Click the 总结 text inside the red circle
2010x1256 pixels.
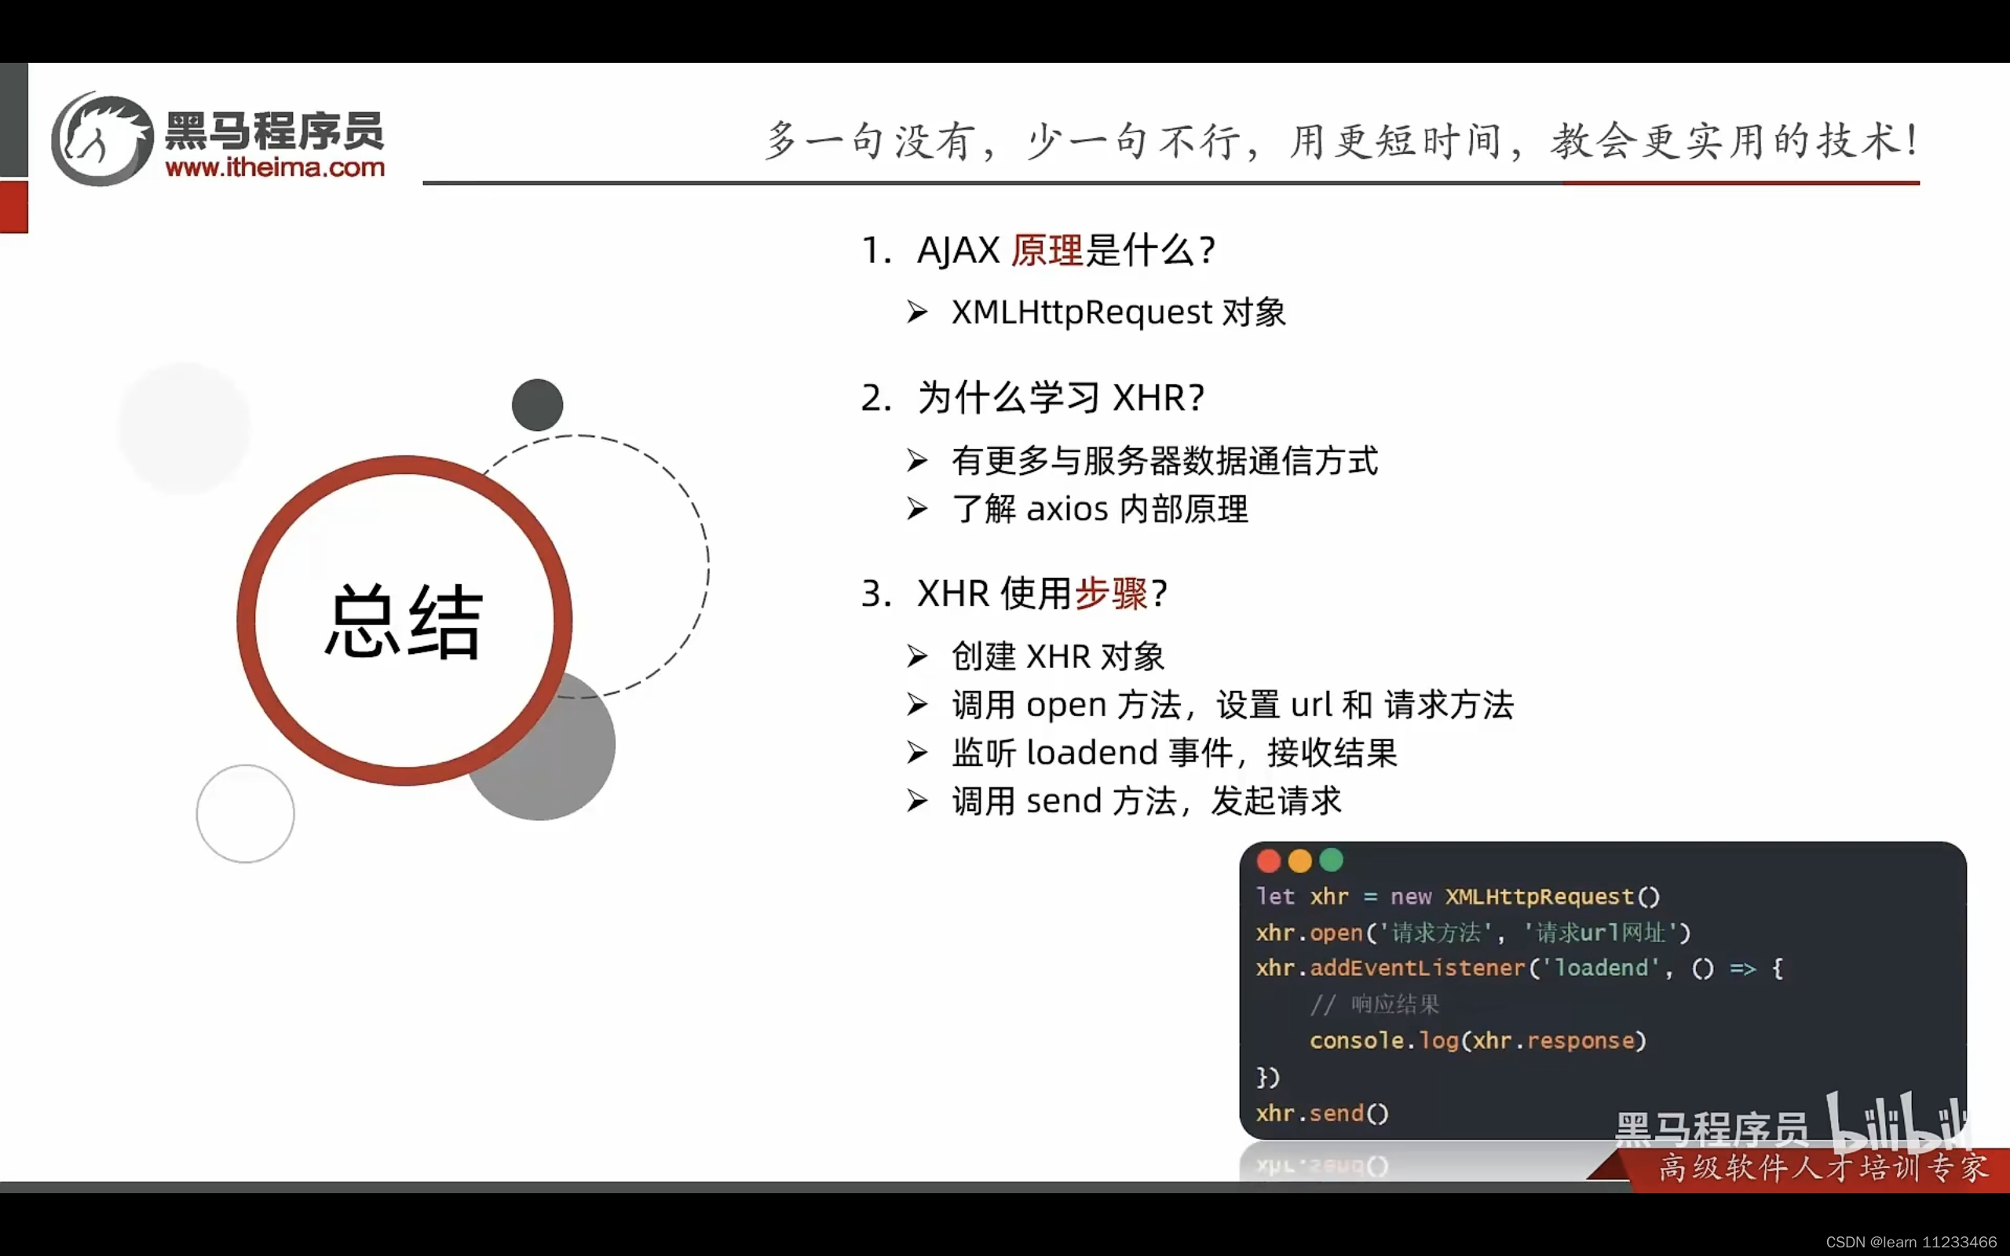point(403,622)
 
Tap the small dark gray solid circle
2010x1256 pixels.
point(537,405)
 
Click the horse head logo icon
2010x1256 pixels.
point(102,140)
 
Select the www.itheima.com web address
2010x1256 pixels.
point(275,168)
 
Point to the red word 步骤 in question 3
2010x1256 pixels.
point(1111,593)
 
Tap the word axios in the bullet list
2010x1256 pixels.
point(1067,509)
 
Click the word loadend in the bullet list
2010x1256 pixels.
point(1091,753)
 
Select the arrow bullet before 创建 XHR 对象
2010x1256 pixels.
point(917,656)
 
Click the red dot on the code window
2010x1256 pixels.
point(1268,860)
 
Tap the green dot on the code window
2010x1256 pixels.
point(1332,860)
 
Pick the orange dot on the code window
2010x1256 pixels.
point(1300,860)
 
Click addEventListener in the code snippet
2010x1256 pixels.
point(1417,968)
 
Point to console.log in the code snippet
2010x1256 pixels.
point(1382,1040)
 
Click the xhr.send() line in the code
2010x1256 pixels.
point(1321,1113)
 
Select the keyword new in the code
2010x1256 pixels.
point(1410,896)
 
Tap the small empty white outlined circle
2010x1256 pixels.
point(245,813)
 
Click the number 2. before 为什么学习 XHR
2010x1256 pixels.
point(876,398)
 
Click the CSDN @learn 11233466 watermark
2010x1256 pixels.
point(1910,1242)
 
